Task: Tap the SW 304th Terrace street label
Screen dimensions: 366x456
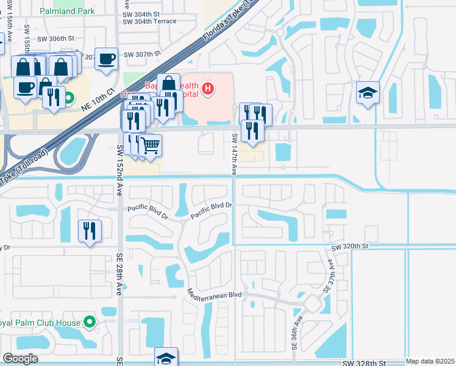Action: [x=149, y=21]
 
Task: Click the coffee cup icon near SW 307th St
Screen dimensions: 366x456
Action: [x=107, y=59]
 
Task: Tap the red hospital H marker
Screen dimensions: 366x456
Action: [x=208, y=90]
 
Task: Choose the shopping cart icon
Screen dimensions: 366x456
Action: [x=150, y=145]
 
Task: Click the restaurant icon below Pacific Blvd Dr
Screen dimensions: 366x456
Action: [x=90, y=231]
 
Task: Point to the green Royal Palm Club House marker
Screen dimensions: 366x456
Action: [x=90, y=321]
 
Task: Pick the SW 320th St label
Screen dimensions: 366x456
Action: [x=351, y=248]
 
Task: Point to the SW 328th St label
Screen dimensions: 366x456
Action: [x=365, y=363]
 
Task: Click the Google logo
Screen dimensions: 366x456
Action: [x=20, y=359]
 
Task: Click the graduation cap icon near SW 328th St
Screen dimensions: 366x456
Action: [x=166, y=358]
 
